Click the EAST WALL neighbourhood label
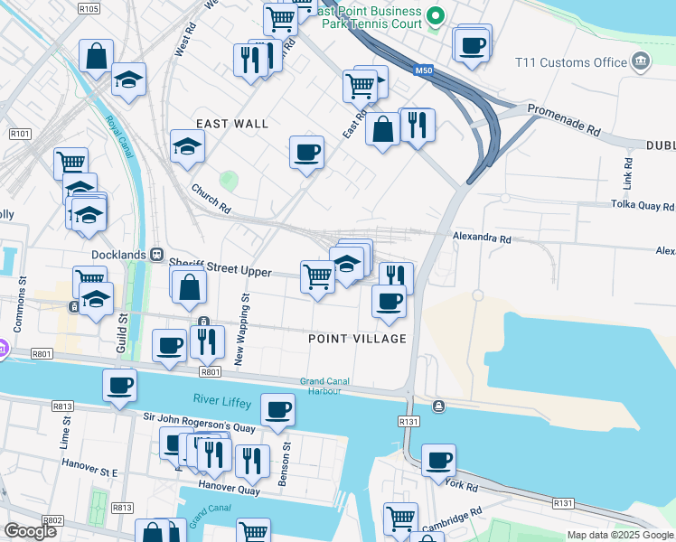click(232, 124)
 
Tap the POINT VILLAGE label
click(357, 339)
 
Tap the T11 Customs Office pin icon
click(641, 62)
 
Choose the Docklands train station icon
click(156, 256)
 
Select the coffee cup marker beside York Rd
click(439, 461)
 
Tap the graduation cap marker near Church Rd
click(188, 146)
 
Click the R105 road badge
click(89, 8)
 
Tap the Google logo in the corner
click(30, 531)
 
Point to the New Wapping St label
click(243, 328)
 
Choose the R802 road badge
click(52, 520)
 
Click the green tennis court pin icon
click(436, 15)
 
